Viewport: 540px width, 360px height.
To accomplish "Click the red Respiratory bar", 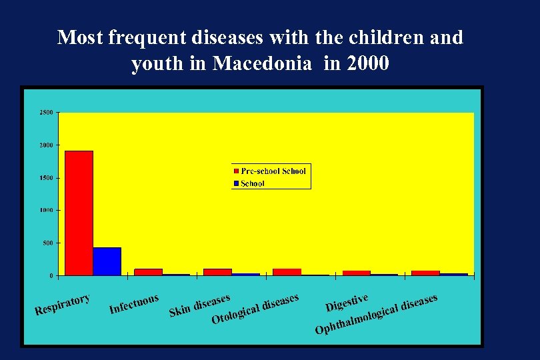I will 79,213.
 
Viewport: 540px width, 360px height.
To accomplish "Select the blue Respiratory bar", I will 107,261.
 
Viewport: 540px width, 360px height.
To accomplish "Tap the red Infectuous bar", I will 148,272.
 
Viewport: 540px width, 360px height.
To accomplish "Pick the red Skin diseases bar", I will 217,272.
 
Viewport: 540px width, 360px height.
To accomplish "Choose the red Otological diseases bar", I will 287,272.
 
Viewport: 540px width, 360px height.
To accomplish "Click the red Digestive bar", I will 356,273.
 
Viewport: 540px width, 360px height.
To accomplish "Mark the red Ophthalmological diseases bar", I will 425,273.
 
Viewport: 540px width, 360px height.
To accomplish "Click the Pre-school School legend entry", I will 270,171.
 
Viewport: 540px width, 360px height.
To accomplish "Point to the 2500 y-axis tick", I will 46,113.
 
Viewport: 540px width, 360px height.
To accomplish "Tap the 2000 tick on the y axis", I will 46,145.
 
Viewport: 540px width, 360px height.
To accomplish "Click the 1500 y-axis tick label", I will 46,178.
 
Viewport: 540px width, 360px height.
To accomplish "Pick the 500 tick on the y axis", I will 47,243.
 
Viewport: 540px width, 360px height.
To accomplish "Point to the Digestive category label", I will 347,302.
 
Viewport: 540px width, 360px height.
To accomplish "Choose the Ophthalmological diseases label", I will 377,314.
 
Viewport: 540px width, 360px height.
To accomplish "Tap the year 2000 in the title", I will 366,65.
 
